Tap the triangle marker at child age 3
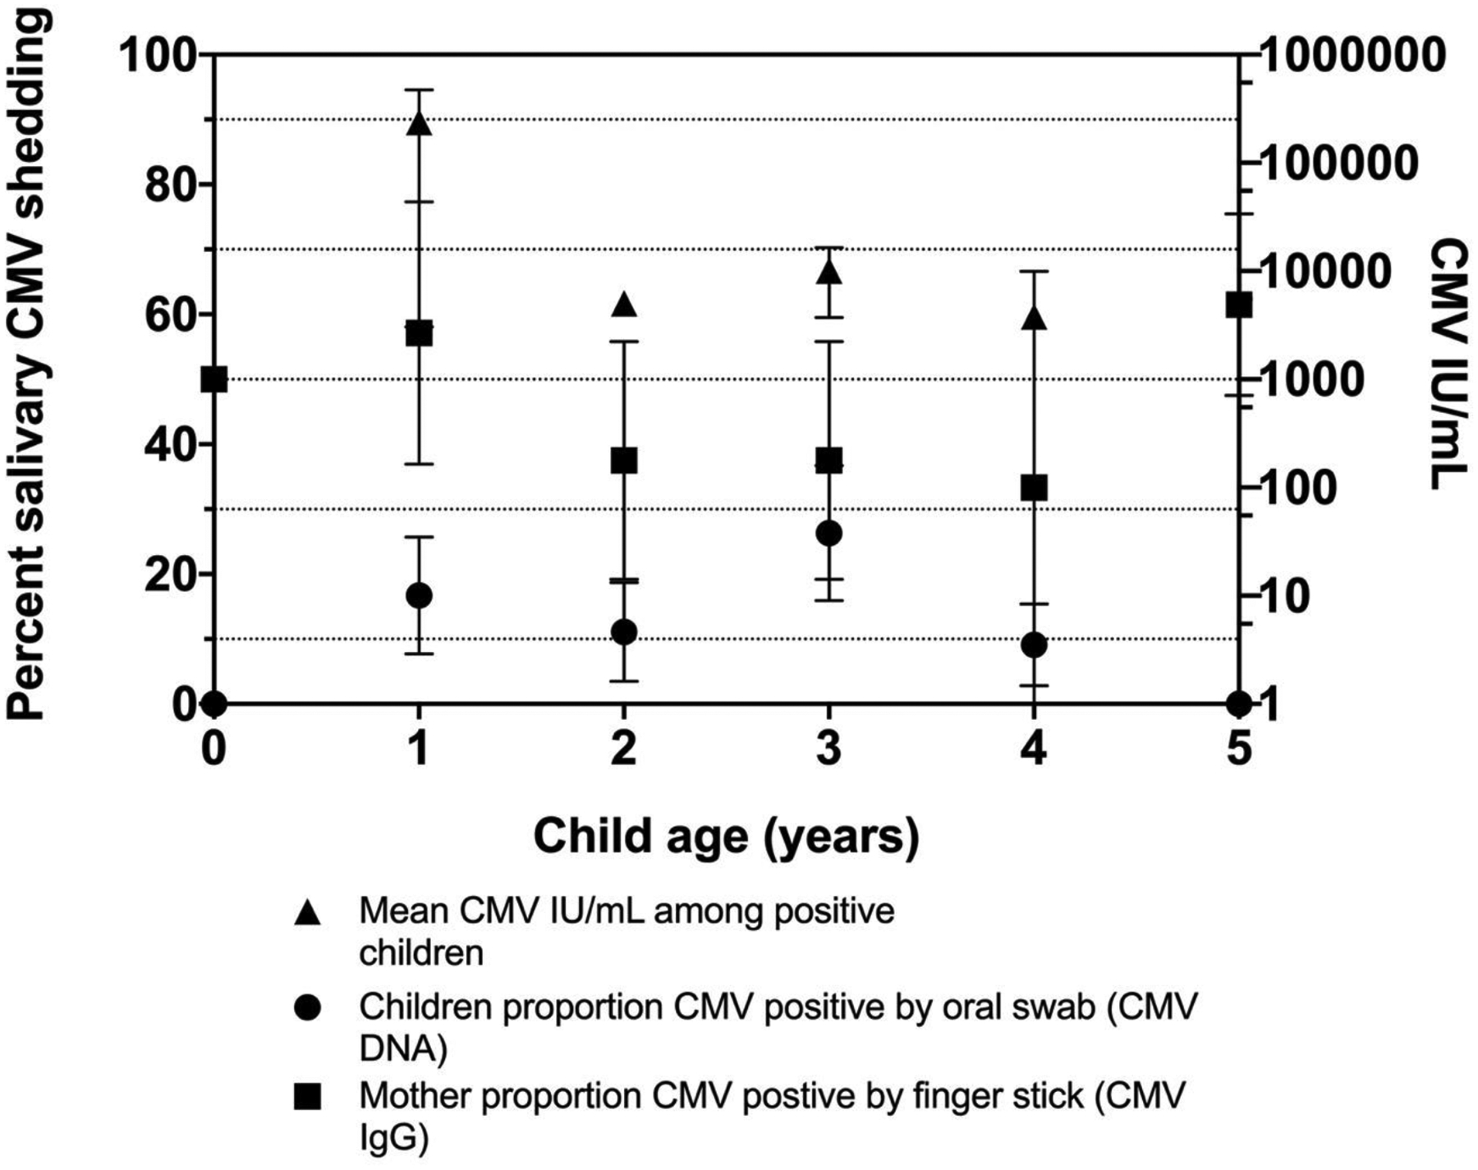pyautogui.click(x=829, y=271)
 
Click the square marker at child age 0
pyautogui.click(x=214, y=380)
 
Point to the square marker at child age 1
pyautogui.click(x=420, y=334)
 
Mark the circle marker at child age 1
pyautogui.click(x=420, y=595)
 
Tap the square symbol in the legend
pyautogui.click(x=308, y=1097)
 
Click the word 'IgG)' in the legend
pyautogui.click(x=393, y=1140)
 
